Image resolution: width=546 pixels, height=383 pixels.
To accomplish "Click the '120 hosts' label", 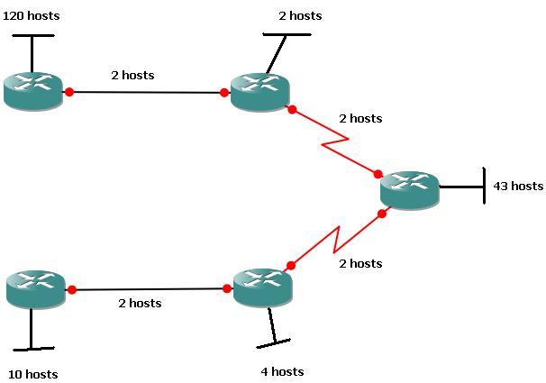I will (32, 15).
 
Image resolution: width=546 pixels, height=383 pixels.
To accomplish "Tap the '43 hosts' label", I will (518, 186).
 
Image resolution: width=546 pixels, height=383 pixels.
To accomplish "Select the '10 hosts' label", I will (32, 374).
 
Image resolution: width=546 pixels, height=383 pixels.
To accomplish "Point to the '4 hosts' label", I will (281, 371).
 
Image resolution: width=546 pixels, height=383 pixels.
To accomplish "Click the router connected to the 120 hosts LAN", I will (32, 91).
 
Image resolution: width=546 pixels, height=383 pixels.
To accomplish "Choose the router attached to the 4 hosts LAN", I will (262, 287).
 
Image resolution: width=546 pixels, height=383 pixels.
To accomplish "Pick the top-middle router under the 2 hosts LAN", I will (259, 91).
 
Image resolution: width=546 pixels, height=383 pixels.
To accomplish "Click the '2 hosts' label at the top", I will (300, 15).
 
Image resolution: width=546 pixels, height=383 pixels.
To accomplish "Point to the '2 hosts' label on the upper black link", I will (132, 75).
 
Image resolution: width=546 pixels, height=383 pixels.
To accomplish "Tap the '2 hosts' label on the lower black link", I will (140, 303).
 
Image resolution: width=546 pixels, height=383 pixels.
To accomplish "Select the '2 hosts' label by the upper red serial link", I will (360, 118).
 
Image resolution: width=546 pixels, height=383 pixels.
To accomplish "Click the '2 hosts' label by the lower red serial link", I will (360, 263).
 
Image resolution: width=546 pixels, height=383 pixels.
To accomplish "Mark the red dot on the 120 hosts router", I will (68, 91).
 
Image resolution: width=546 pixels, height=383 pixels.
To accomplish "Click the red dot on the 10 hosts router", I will (71, 289).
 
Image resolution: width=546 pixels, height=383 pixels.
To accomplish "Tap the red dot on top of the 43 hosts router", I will (378, 174).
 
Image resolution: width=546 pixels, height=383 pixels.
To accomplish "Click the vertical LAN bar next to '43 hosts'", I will (485, 187).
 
